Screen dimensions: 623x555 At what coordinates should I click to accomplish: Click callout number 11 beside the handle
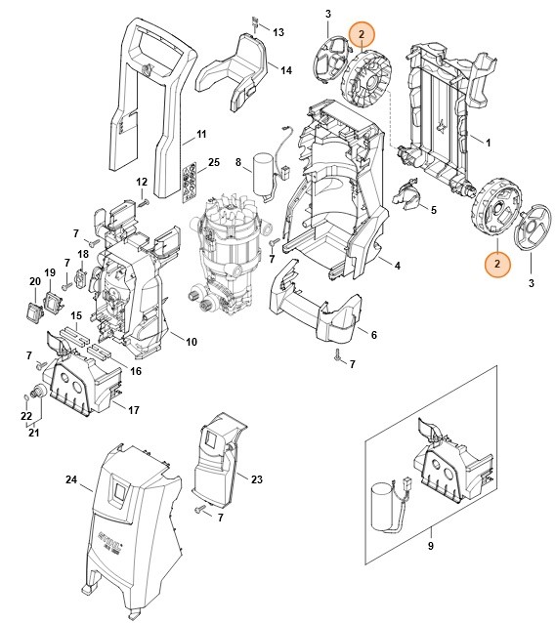[201, 134]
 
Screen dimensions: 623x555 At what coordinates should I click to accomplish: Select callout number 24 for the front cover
[70, 479]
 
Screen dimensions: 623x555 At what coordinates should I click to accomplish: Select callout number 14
[286, 70]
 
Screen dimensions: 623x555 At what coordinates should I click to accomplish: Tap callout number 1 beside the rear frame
[488, 143]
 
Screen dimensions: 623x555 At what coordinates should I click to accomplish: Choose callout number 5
[433, 211]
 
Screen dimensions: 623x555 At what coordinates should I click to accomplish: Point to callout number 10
[192, 341]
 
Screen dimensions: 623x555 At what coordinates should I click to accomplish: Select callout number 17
[134, 410]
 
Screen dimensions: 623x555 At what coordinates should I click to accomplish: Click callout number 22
[25, 417]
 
